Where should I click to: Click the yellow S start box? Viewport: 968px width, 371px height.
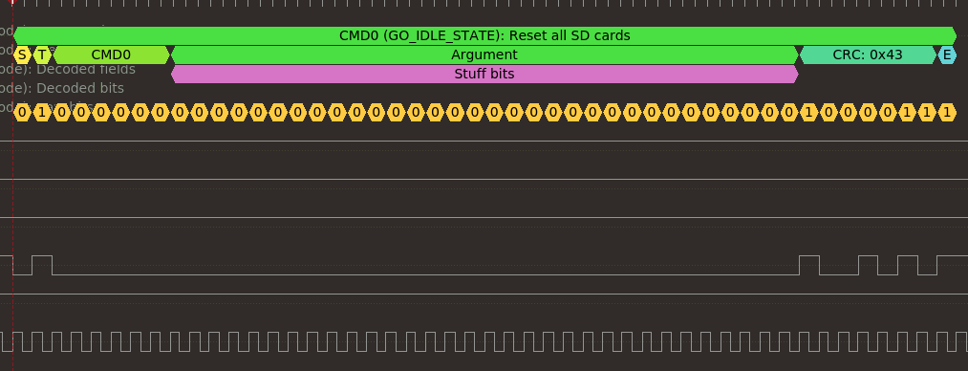[22, 55]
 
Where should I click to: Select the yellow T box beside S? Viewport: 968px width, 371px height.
[42, 55]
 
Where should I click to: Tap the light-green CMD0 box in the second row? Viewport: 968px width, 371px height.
[111, 55]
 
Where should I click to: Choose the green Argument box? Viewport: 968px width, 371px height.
[484, 55]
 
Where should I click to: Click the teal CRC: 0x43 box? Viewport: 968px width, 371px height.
[867, 55]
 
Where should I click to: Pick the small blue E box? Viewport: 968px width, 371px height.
[947, 55]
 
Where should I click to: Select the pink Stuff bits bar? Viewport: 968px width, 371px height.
[484, 74]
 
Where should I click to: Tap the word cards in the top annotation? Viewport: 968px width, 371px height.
[612, 35]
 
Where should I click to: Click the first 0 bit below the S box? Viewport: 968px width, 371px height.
[22, 113]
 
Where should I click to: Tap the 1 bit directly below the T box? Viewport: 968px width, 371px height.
[42, 113]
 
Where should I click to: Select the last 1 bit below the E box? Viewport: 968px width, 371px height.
[947, 113]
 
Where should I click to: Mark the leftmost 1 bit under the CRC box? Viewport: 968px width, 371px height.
[808, 113]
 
